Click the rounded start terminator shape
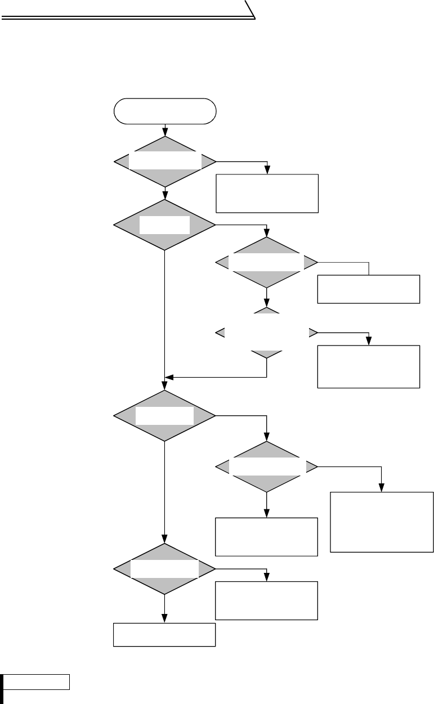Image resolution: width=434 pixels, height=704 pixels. (x=165, y=110)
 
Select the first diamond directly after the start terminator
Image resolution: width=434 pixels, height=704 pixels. (x=165, y=162)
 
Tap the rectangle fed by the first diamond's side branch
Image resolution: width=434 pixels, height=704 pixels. (x=267, y=193)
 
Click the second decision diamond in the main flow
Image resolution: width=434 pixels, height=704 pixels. (x=165, y=225)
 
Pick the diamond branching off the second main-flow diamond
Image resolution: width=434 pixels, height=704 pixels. (x=267, y=262)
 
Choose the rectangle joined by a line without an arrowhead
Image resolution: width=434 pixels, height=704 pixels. (x=369, y=289)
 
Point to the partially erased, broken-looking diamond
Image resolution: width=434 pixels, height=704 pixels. (x=267, y=333)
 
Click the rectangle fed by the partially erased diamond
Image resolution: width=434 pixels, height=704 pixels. (x=369, y=366)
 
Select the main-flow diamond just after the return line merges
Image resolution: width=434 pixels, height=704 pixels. (x=165, y=416)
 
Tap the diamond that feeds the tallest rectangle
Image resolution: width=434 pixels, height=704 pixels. (x=267, y=467)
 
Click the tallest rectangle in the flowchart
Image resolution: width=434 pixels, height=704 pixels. (x=382, y=522)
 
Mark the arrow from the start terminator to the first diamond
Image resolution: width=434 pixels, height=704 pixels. (x=165, y=130)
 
